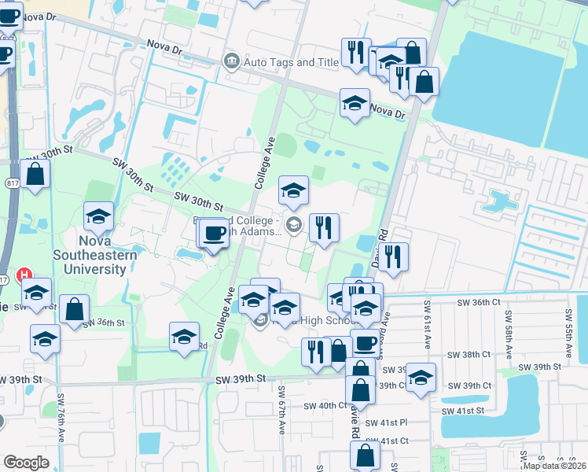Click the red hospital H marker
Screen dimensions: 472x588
click(24, 276)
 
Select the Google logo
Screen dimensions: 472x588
click(26, 463)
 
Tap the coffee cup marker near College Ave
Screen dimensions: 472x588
click(215, 233)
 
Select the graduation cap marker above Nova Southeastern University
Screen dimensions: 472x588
click(99, 216)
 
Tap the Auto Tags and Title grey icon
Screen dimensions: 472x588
click(231, 61)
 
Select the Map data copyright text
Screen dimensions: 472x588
click(554, 465)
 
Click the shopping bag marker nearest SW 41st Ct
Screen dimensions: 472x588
click(366, 455)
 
